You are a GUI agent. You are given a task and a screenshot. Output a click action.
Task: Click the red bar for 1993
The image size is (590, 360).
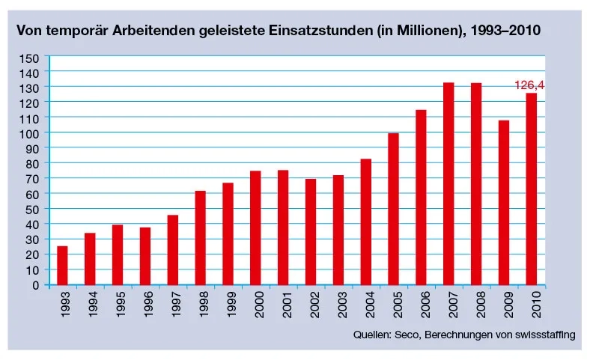(62, 266)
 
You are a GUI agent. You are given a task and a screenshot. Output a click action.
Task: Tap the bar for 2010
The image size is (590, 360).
(531, 189)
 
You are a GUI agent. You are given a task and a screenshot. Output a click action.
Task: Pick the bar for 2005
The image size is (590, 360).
(393, 209)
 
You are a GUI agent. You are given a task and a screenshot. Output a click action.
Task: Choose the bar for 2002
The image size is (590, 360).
(310, 231)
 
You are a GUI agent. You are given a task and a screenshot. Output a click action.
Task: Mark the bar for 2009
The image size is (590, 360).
(503, 202)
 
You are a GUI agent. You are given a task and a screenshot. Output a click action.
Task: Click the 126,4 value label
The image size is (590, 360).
(529, 85)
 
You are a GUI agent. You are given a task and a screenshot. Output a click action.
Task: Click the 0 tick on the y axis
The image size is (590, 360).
(34, 285)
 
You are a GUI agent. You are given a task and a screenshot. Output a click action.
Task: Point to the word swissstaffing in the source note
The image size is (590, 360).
(544, 335)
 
